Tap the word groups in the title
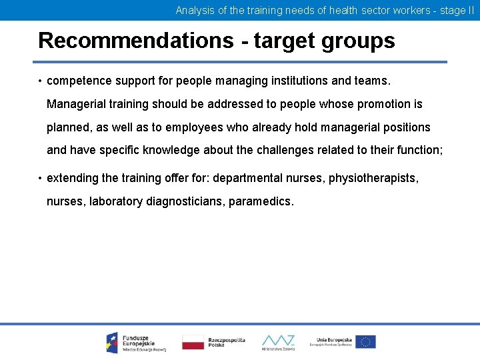point(359,41)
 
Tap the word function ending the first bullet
point(417,150)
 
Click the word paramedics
point(261,201)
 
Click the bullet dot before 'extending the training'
point(40,178)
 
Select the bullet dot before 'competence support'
point(40,81)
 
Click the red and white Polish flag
point(193,342)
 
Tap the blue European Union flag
point(365,342)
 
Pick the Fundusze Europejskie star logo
point(112,342)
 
